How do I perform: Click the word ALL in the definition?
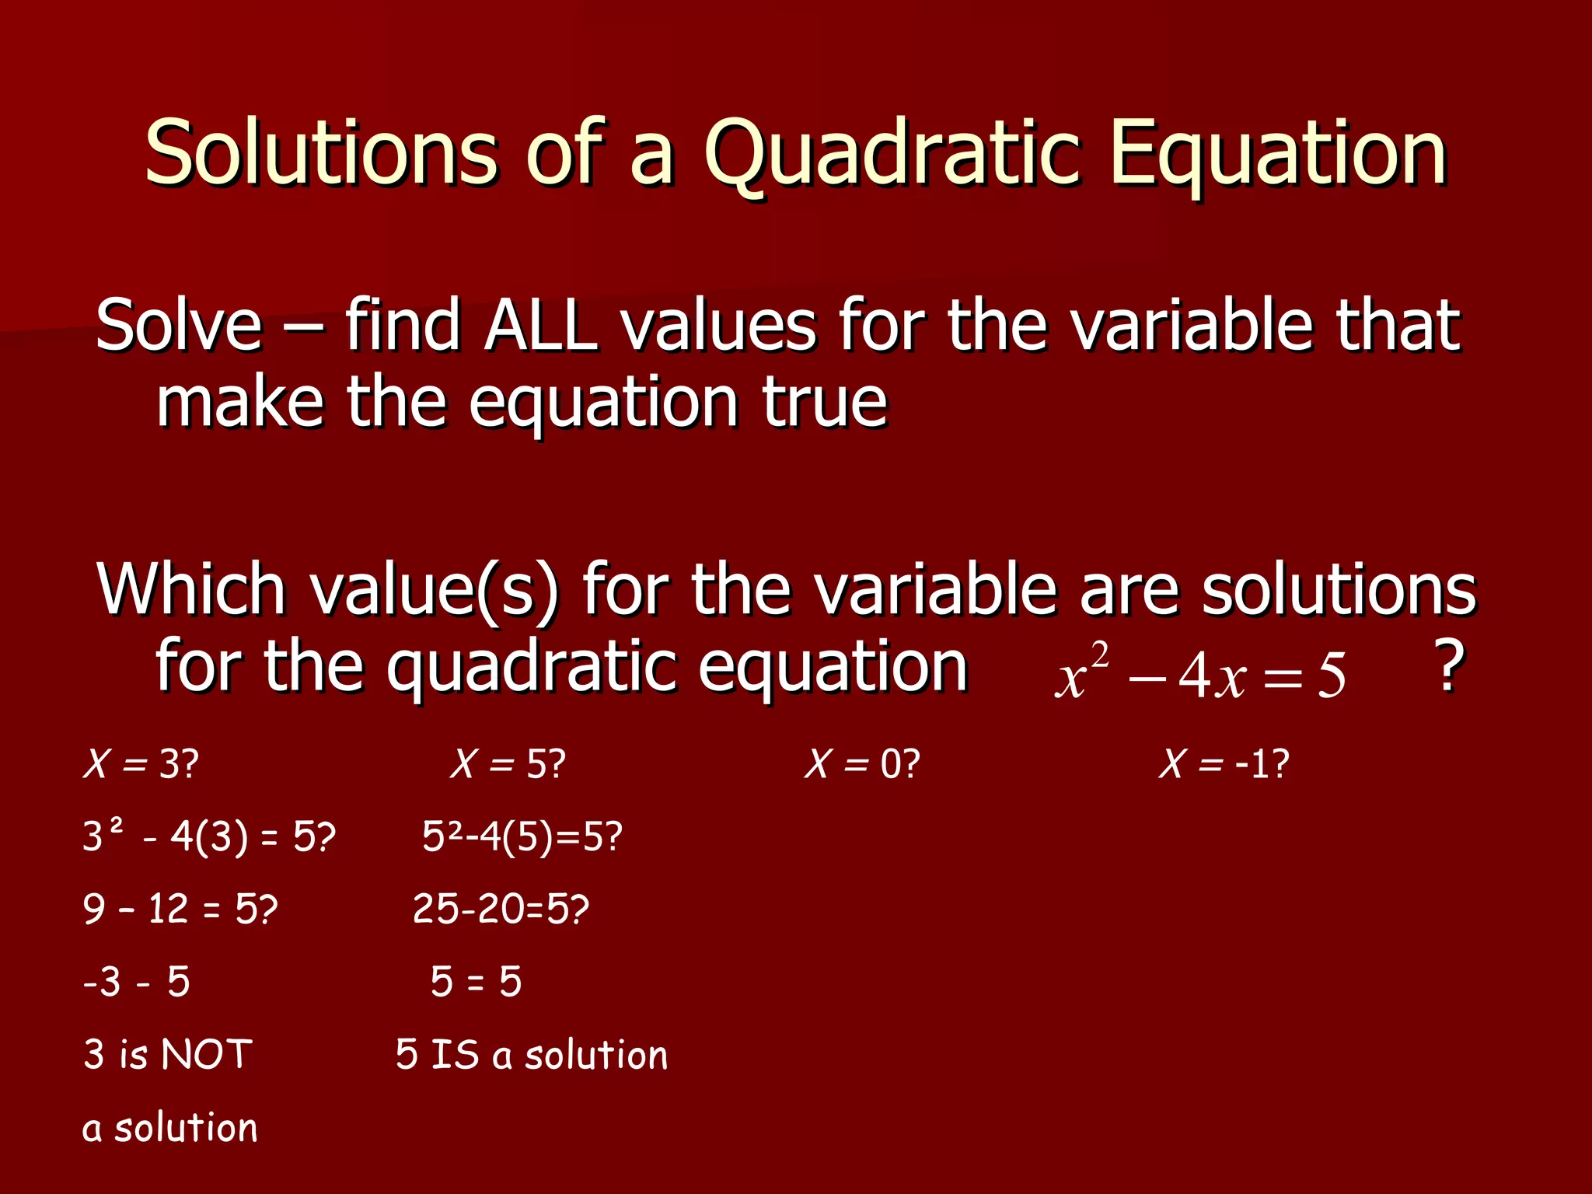(540, 325)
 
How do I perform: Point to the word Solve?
(180, 325)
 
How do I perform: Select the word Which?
(190, 589)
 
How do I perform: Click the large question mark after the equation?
(1449, 666)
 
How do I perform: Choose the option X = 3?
(141, 764)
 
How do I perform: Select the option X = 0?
(862, 764)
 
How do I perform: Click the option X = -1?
(1224, 764)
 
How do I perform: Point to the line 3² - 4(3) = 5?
(208, 837)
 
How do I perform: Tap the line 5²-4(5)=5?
(522, 837)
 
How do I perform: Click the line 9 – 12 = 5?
(180, 909)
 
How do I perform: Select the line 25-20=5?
(501, 909)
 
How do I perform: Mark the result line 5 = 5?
(476, 982)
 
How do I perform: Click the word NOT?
(207, 1055)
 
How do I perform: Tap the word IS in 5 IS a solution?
(455, 1055)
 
